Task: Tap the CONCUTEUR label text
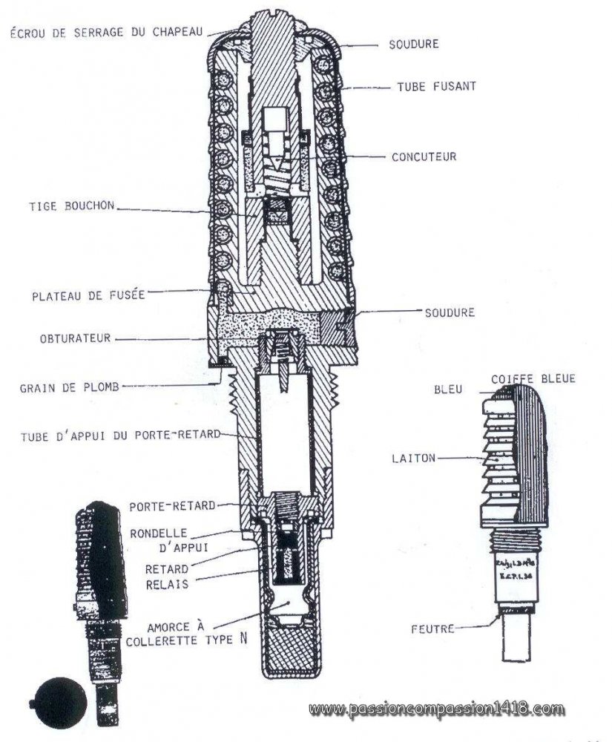click(424, 157)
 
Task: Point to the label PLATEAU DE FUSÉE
click(88, 295)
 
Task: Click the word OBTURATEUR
click(76, 338)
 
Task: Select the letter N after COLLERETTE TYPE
click(243, 638)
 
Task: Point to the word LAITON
click(413, 459)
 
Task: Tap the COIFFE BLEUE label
click(533, 378)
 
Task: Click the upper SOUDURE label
click(413, 45)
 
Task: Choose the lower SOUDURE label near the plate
click(450, 312)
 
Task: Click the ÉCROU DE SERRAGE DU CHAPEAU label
click(108, 32)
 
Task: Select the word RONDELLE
click(168, 533)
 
